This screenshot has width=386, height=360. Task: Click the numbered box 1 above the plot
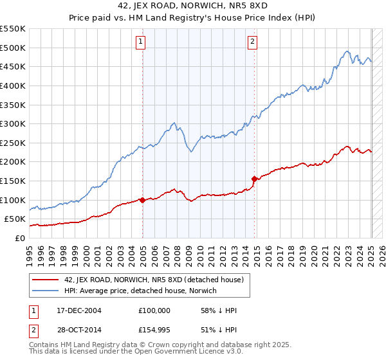pos(140,42)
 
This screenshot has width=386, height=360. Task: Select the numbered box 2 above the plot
pos(253,42)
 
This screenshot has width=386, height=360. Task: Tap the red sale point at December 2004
pos(142,200)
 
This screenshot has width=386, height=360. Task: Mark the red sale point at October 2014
pos(255,179)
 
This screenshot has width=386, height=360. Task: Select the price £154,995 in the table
pos(154,330)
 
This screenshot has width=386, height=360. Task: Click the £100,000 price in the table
pos(154,310)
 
